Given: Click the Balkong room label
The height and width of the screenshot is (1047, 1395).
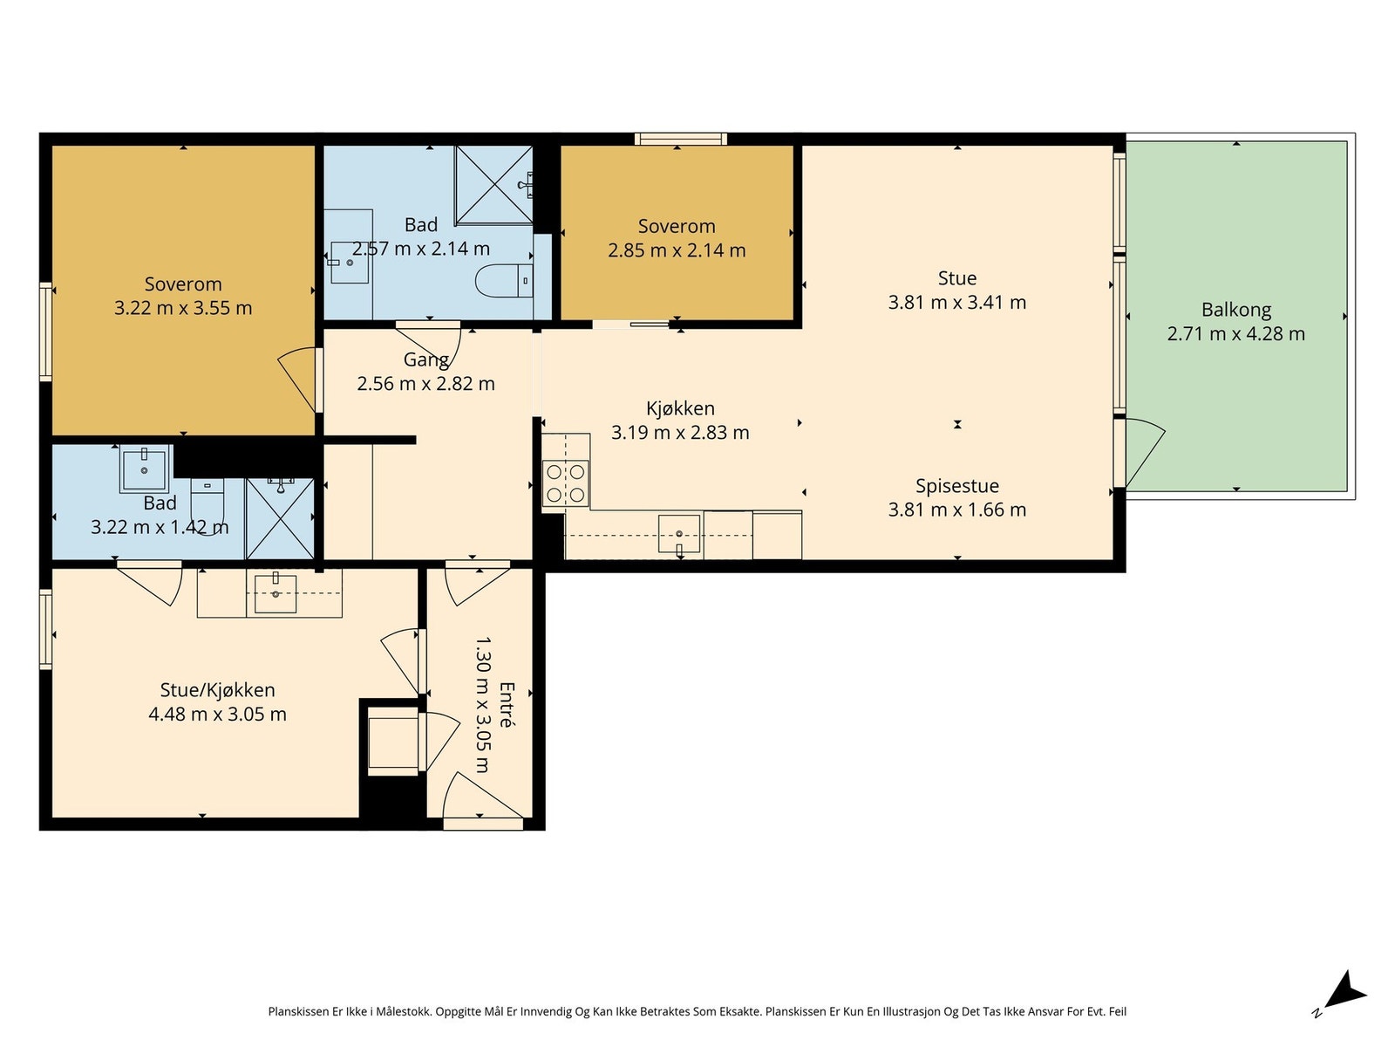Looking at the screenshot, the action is coord(1235,310).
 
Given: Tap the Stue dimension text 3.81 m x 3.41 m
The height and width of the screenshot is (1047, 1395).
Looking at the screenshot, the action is coord(956,302).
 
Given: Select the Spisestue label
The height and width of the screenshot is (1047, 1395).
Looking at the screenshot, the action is coord(956,486).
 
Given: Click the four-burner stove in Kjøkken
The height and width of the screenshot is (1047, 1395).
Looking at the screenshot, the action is coord(565,482).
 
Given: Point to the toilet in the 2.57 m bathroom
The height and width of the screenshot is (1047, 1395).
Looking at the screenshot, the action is coord(505,280).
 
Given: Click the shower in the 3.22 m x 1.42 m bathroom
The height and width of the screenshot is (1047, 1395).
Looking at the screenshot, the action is coord(280,518).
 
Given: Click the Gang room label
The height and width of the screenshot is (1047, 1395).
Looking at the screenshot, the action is coord(425,359).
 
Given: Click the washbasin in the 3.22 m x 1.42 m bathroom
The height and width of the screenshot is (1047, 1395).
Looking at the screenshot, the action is coord(144,469).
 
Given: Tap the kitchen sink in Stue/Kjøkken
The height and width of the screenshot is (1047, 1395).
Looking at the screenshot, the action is coord(276,593).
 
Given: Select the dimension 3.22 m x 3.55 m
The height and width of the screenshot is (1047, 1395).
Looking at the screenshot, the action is coord(183,308).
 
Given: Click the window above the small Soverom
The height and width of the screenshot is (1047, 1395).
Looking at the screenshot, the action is coord(680,139).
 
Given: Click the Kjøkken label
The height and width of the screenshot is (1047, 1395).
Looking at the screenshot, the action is coord(680,408).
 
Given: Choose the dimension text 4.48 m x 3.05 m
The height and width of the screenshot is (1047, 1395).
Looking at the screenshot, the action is coord(217,715).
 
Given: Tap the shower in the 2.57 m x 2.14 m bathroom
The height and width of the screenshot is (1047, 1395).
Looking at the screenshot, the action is coord(493,185).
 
